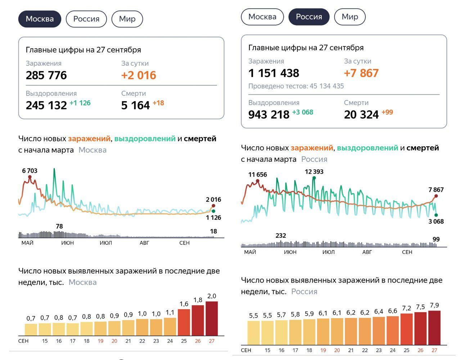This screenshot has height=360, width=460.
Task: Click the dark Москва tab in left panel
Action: (x=40, y=19)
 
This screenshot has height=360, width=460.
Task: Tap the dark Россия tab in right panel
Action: (x=309, y=17)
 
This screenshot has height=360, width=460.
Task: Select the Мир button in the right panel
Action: (x=349, y=17)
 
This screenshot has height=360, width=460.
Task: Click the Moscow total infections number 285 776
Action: (x=46, y=75)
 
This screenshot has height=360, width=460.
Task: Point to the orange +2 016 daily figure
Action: (x=139, y=75)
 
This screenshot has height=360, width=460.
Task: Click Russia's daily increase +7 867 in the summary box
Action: (x=361, y=73)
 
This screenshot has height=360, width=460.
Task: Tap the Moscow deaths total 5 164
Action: (x=135, y=105)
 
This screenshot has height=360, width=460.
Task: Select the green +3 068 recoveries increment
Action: (x=303, y=112)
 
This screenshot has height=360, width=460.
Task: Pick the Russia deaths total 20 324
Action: (x=361, y=115)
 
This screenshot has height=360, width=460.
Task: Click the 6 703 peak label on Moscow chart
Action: (x=30, y=171)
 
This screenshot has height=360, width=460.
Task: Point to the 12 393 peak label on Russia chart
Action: (x=314, y=172)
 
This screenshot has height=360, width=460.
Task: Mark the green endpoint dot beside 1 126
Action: (x=213, y=211)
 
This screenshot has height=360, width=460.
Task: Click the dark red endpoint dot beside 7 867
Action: (x=436, y=196)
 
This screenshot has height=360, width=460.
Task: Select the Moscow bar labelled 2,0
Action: (x=212, y=318)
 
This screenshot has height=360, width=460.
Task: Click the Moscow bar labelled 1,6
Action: (x=184, y=322)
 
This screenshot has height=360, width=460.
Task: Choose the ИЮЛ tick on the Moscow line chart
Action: (x=106, y=243)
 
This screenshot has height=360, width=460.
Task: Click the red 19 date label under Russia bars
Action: (x=323, y=350)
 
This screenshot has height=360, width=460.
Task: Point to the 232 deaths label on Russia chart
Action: (x=281, y=236)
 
